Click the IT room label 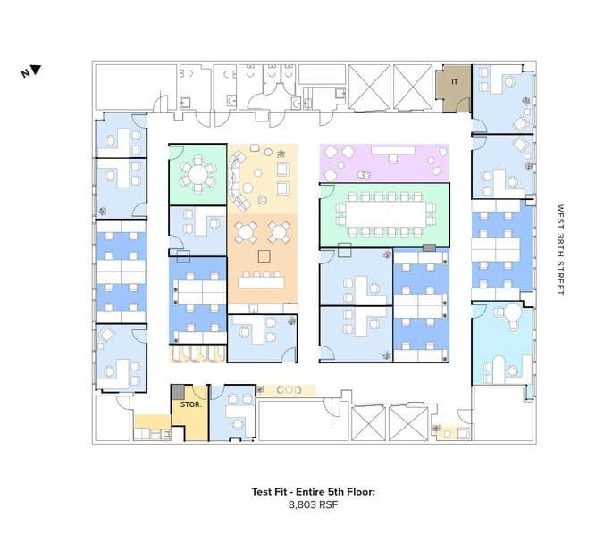tap(455, 81)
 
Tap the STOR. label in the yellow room tap(191, 404)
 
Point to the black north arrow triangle tap(36, 70)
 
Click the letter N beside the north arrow tap(26, 73)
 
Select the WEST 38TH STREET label tap(560, 249)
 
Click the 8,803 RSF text tap(313, 504)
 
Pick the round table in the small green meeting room tap(198, 174)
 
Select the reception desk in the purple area tap(393, 151)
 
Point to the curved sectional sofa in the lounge tap(239, 180)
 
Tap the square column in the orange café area tap(264, 256)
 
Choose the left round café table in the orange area tap(246, 232)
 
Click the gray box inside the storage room tap(178, 392)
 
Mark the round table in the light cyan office tap(513, 313)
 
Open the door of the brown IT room tap(464, 104)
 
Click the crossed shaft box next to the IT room tap(413, 88)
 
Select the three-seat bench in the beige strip tap(289, 390)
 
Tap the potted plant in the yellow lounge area tap(281, 154)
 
